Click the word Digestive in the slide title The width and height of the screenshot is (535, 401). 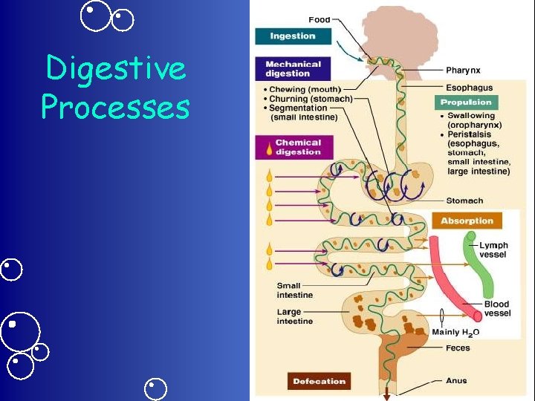[115, 69]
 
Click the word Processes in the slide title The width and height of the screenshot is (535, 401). [115, 107]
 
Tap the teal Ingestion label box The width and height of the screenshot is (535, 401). [293, 36]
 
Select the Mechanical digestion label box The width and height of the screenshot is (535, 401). [293, 69]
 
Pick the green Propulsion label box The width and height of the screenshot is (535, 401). [466, 102]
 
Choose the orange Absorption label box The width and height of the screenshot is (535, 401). [467, 221]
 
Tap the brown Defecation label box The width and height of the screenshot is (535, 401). [319, 381]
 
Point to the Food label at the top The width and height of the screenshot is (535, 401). [320, 19]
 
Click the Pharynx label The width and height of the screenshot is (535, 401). [463, 71]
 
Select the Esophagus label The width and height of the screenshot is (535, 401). [468, 88]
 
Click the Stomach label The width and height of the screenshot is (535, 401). [464, 200]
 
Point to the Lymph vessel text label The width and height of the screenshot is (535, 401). [493, 250]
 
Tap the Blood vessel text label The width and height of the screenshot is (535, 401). [497, 308]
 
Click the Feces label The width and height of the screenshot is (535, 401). [457, 348]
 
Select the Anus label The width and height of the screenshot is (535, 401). [456, 381]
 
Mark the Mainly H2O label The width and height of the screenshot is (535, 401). [455, 332]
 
